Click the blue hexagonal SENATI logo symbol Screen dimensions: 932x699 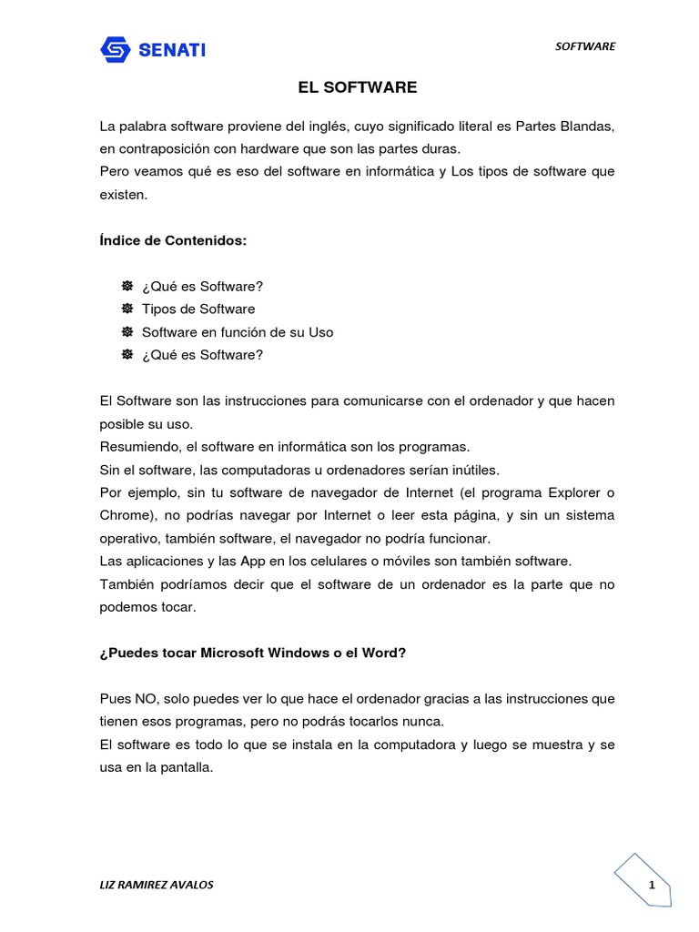[116, 50]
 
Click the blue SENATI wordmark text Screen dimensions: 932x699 [171, 51]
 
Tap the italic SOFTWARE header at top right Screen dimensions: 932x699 [585, 46]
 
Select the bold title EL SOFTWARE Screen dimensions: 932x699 [358, 87]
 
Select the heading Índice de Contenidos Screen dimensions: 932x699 [173, 240]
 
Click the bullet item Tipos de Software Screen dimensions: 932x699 [198, 309]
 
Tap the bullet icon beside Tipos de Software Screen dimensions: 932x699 [127, 309]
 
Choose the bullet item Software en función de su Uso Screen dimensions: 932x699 [238, 332]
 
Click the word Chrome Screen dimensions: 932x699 [125, 515]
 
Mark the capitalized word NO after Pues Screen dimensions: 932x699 [147, 698]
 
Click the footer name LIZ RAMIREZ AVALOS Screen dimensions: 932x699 [157, 885]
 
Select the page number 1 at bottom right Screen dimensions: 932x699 [652, 885]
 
